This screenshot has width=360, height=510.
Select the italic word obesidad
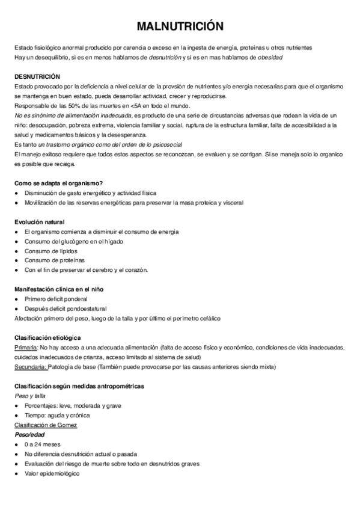coord(270,57)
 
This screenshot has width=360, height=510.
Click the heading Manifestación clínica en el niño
coord(59,289)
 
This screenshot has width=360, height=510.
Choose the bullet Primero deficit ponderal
coord(56,299)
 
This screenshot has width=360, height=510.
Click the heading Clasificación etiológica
coord(47,337)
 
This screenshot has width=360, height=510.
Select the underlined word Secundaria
coord(30,366)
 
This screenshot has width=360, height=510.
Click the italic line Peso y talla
coord(30,396)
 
